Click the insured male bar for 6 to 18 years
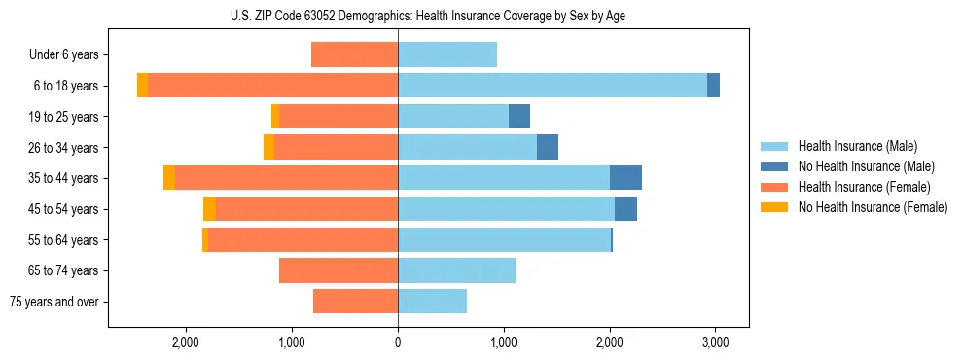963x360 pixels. pyautogui.click(x=552, y=86)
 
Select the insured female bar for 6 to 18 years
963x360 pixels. pyautogui.click(x=272, y=86)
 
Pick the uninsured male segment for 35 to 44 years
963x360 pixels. pyautogui.click(x=625, y=178)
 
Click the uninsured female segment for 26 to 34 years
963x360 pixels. pyautogui.click(x=268, y=147)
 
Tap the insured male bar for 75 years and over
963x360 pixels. pyautogui.click(x=432, y=302)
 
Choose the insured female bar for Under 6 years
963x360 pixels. pyautogui.click(x=354, y=54)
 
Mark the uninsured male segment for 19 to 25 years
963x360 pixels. pyautogui.click(x=519, y=117)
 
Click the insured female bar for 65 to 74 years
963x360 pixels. pyautogui.click(x=339, y=270)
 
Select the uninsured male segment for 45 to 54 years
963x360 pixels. pyautogui.click(x=625, y=209)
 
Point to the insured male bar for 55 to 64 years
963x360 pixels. pyautogui.click(x=504, y=239)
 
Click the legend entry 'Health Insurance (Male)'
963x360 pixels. pyautogui.click(x=857, y=146)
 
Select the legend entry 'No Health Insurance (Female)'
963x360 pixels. pyautogui.click(x=873, y=207)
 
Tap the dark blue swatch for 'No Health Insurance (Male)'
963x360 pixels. pyautogui.click(x=774, y=166)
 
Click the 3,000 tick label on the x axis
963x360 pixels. pyautogui.click(x=715, y=342)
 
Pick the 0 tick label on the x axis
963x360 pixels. pyautogui.click(x=398, y=342)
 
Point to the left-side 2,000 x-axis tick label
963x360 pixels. pyautogui.click(x=186, y=342)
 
